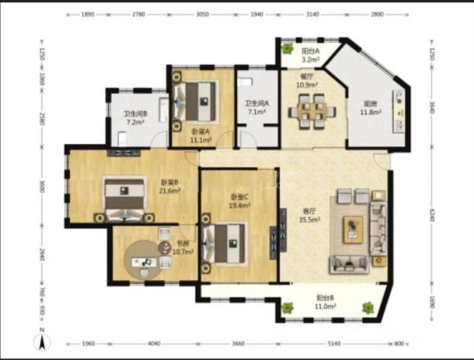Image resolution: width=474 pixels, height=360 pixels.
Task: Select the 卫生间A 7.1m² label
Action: [257, 107]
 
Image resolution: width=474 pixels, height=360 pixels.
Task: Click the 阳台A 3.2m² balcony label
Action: [310, 55]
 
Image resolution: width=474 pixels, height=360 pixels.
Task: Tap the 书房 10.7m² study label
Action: [184, 248]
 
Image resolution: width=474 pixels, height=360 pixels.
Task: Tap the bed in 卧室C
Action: [227, 243]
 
